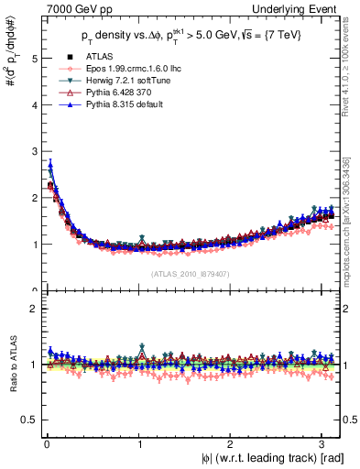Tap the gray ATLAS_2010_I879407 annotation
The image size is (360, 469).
point(189,273)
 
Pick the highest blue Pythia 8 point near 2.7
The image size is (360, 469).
point(50,166)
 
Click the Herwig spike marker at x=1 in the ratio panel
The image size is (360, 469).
point(141,346)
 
